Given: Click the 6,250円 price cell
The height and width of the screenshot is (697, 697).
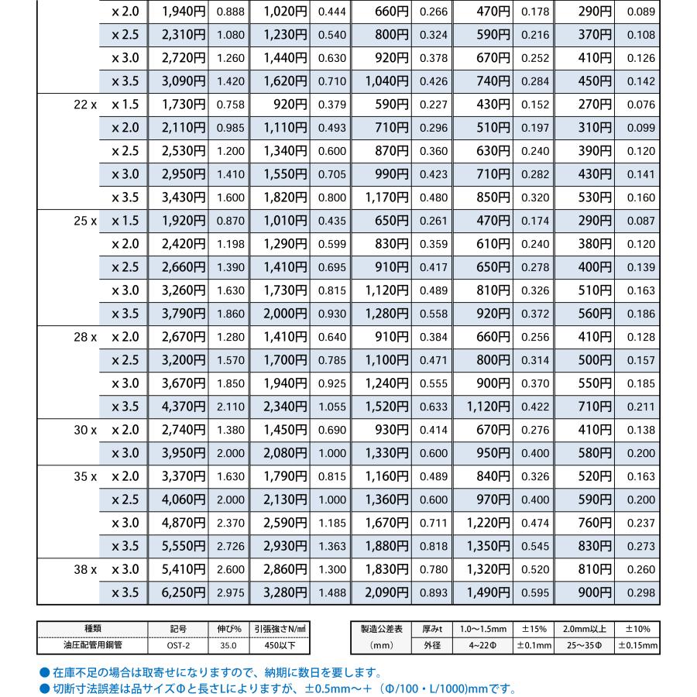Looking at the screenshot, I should (184, 592).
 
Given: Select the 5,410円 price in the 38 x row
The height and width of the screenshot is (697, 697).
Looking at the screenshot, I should (184, 569).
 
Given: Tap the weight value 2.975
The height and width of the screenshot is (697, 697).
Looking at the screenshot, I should (230, 593).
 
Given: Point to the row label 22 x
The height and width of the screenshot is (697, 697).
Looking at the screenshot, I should (84, 105).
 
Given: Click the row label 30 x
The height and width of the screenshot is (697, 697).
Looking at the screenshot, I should (84, 430).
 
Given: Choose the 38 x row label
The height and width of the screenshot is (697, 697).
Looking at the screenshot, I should (84, 569).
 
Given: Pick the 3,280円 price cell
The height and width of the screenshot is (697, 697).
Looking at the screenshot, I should (285, 592).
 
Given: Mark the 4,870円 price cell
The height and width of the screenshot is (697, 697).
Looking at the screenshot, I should (184, 523).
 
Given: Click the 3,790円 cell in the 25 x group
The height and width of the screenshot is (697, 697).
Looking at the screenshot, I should (184, 314).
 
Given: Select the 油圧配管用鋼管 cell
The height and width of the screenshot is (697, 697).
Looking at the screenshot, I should (92, 644).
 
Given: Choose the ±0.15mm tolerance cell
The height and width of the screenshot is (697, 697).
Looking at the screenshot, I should (640, 644).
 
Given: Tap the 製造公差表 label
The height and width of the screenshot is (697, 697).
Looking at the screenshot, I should (382, 630).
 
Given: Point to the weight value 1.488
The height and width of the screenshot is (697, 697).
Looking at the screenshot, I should (331, 593).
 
